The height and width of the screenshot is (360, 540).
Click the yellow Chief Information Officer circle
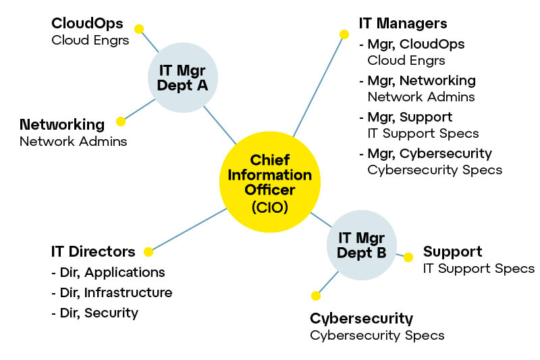[270, 181]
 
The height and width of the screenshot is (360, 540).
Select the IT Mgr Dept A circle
[182, 78]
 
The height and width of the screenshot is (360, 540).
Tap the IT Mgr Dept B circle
[362, 245]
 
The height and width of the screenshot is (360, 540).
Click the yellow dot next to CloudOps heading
[139, 29]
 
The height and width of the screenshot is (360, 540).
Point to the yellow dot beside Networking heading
[121, 122]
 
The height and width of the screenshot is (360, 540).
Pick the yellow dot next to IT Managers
[344, 34]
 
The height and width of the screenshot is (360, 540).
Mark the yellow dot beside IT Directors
[148, 252]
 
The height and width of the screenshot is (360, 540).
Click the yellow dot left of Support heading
[408, 257]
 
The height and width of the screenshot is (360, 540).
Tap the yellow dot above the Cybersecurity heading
[315, 295]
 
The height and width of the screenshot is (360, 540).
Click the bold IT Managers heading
[403, 24]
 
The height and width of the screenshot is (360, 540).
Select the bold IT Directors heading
[93, 252]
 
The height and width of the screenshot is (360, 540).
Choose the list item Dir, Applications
[108, 273]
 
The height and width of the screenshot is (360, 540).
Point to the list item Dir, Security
[94, 313]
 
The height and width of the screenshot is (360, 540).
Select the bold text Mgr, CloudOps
[416, 45]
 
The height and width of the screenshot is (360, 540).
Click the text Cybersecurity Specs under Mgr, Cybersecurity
[435, 170]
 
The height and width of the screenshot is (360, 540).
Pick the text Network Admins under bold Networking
[73, 141]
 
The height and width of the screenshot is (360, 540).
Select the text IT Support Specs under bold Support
[479, 269]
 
